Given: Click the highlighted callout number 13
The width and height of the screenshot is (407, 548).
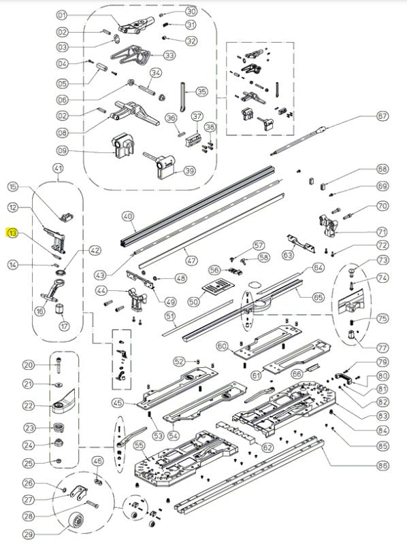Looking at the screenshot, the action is pos(13,233).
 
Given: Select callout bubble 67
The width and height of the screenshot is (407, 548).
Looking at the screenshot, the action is pos(382,116).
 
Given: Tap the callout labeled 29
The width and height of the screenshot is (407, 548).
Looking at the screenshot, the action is pos(29,534).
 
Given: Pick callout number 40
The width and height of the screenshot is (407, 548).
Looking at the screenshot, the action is pos(128,216).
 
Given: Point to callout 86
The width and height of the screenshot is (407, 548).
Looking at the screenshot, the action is pos(382,465).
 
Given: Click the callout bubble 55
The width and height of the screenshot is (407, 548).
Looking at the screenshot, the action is pos(140,445).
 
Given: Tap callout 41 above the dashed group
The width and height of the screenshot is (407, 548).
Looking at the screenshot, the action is pos(58,169).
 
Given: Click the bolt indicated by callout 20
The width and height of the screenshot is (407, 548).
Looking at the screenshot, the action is pos(59,365).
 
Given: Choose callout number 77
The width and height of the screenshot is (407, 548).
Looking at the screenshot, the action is pos(382,348).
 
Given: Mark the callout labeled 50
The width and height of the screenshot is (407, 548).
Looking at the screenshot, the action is pos(193,301).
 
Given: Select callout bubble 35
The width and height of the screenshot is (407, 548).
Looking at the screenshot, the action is pos(201,92).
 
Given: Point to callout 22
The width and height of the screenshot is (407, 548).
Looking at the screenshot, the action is pos(29,406).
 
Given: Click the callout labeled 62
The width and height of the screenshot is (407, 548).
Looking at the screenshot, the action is pos(267,447).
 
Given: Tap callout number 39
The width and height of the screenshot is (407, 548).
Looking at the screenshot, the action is pos(190,171).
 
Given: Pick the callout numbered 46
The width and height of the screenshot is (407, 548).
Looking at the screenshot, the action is pos(97,462).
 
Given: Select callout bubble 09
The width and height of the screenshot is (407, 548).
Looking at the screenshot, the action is pos(62,151).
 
